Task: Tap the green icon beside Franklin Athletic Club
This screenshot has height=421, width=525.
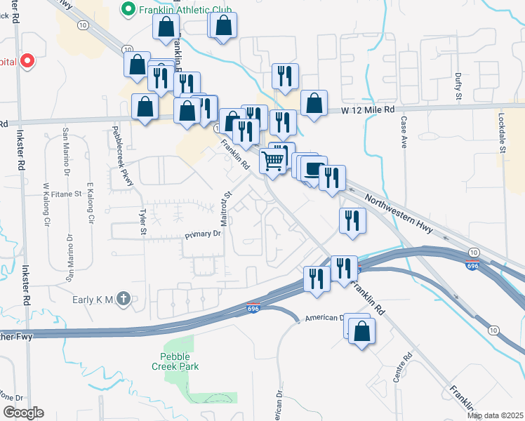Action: pos(128,9)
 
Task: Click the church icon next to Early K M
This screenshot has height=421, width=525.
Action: pos(124,299)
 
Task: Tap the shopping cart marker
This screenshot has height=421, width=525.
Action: pos(273,161)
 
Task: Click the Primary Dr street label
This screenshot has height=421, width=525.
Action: pos(204,234)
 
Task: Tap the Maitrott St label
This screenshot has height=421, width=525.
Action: pos(226,208)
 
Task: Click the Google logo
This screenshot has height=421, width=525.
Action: pos(22,413)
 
